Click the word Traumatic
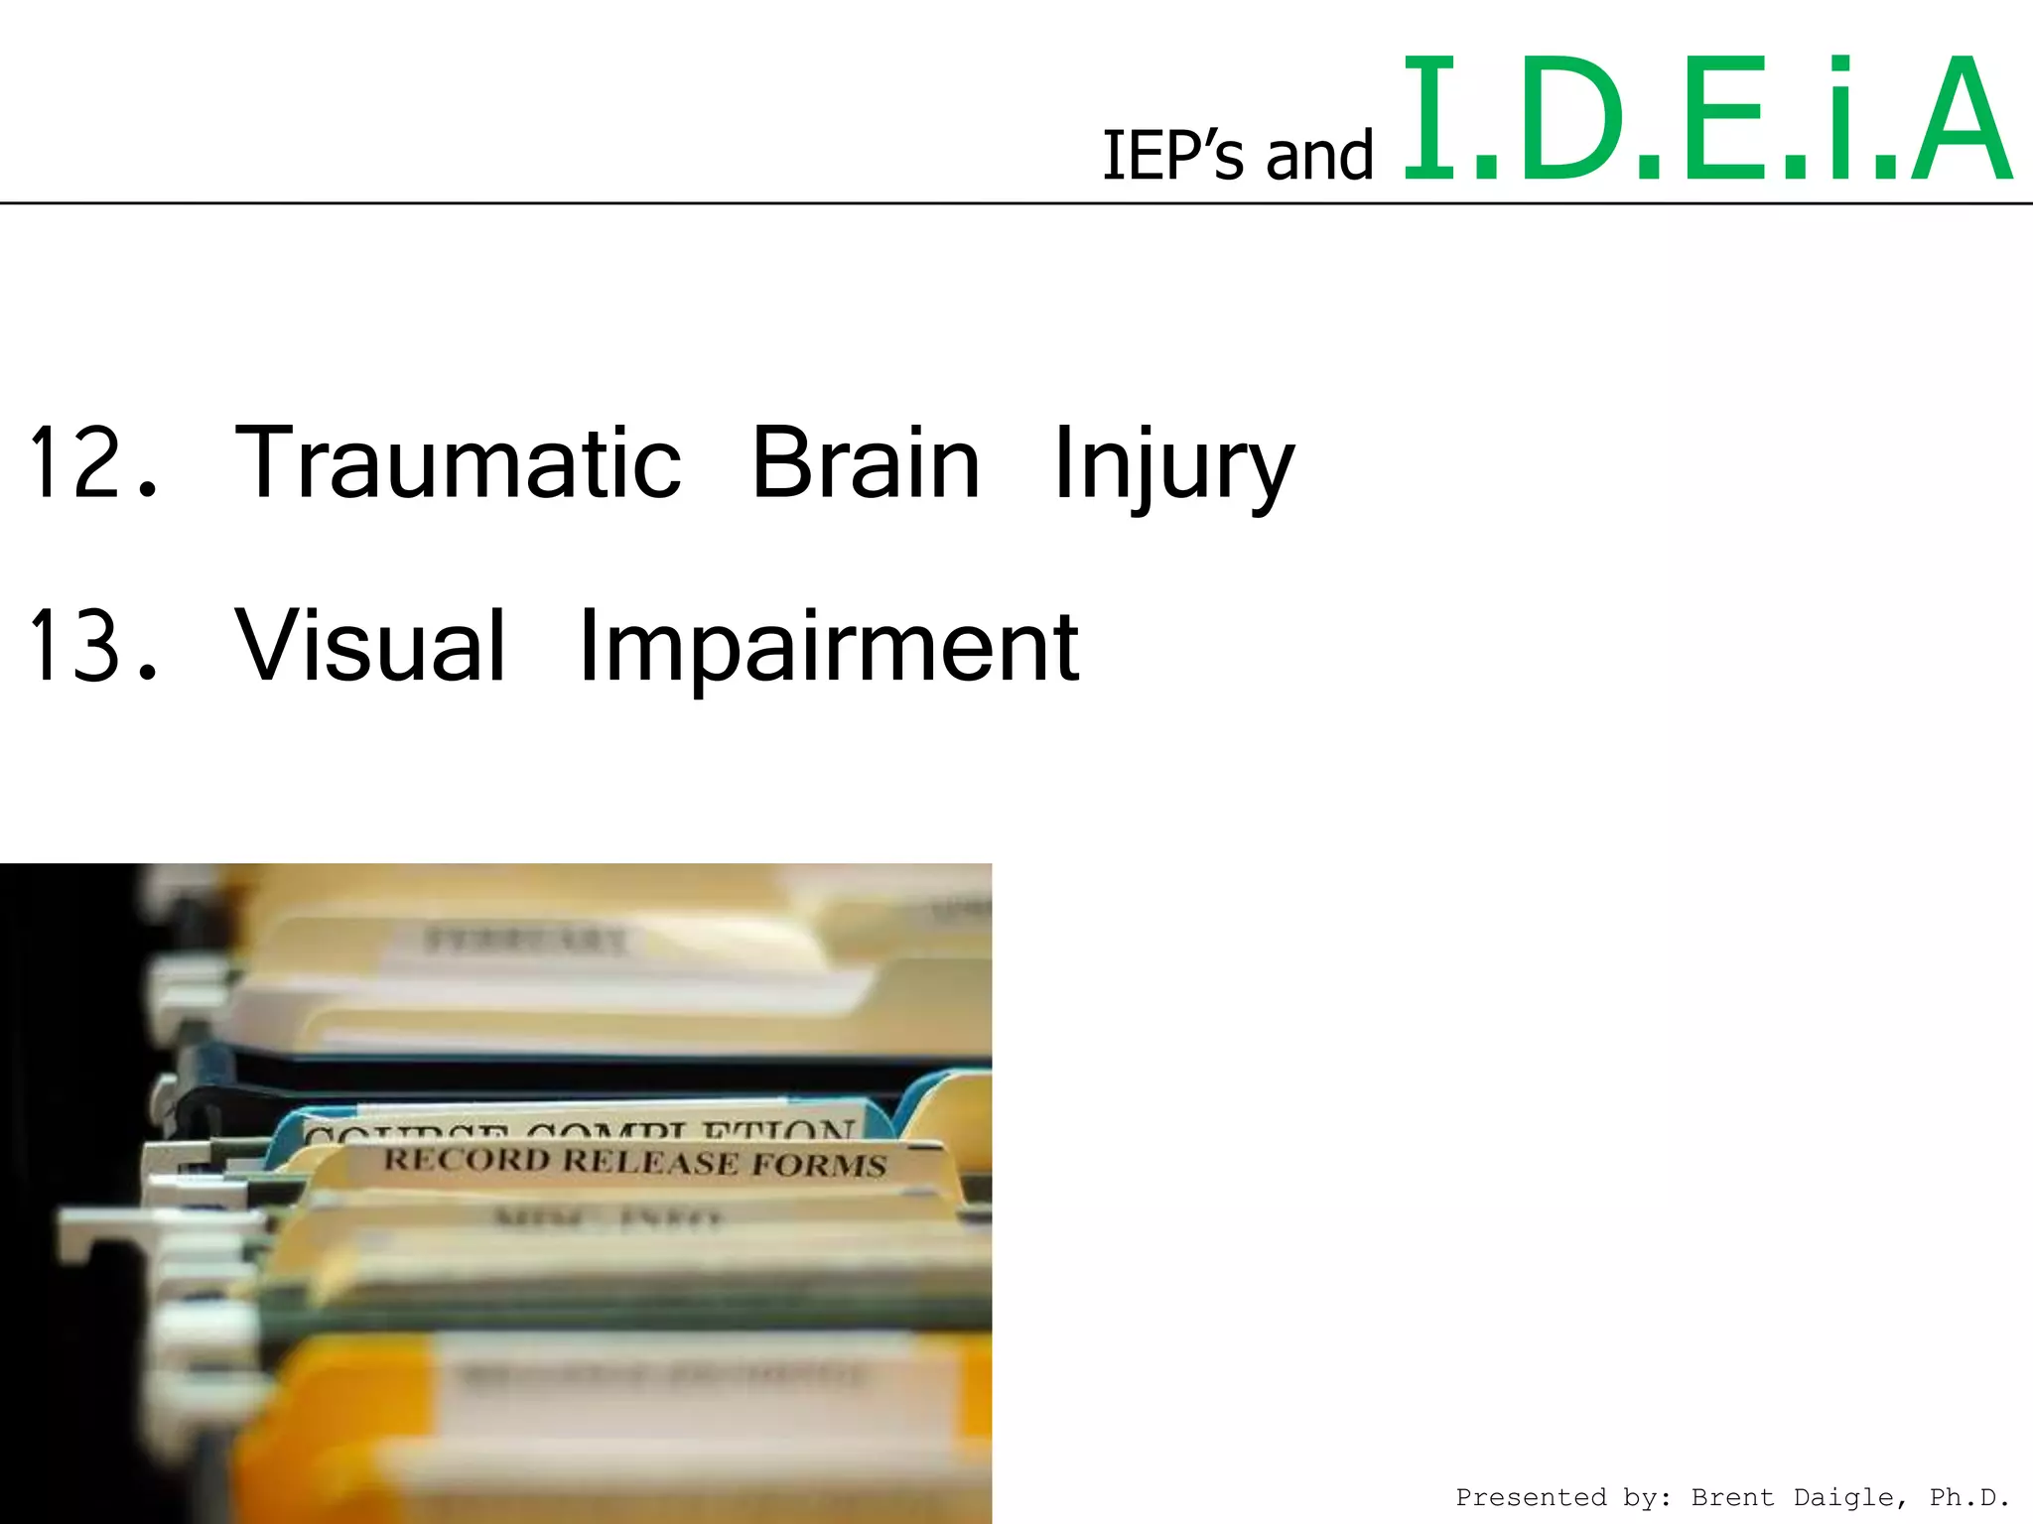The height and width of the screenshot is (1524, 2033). [x=458, y=461]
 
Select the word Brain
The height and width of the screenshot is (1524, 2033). [x=866, y=461]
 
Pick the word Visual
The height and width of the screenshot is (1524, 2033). [x=370, y=645]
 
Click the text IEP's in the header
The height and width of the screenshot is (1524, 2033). [x=1172, y=156]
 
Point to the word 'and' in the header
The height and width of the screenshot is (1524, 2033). [x=1319, y=156]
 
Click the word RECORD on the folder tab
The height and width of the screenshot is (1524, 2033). [x=467, y=1159]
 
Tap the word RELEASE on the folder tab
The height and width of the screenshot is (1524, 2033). [x=650, y=1162]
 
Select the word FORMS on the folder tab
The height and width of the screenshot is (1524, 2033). [x=818, y=1165]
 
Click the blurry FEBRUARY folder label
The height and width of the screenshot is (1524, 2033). [x=526, y=939]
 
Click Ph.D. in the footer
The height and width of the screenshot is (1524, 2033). [x=1970, y=1497]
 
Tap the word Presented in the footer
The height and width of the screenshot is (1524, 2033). [x=1531, y=1497]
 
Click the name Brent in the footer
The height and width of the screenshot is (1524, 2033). [x=1732, y=1497]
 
